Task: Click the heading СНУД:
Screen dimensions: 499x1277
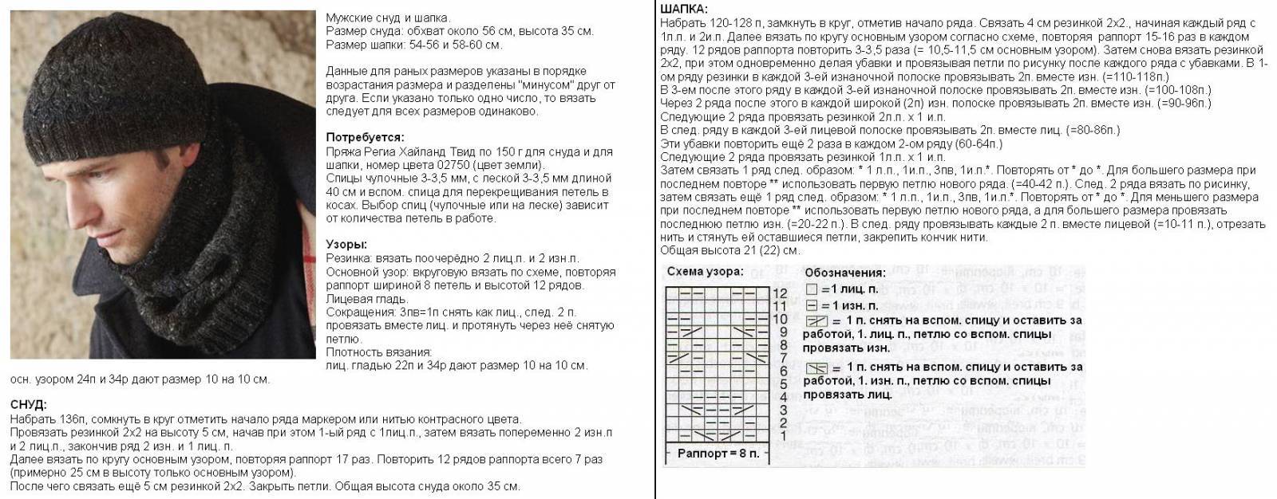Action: (x=29, y=405)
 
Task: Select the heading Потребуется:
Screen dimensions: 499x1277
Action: (x=365, y=137)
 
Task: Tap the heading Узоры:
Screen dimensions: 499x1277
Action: (x=346, y=245)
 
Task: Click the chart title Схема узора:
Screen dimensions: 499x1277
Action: (x=705, y=272)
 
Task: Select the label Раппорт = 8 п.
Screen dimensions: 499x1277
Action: (x=713, y=454)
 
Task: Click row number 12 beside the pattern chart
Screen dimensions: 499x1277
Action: (x=781, y=293)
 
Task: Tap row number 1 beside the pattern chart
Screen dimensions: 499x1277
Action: (x=783, y=435)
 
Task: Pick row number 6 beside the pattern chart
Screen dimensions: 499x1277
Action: (x=783, y=371)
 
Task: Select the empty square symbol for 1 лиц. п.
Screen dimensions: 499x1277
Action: (x=811, y=290)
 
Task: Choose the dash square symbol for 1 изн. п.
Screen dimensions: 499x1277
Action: (x=811, y=305)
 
